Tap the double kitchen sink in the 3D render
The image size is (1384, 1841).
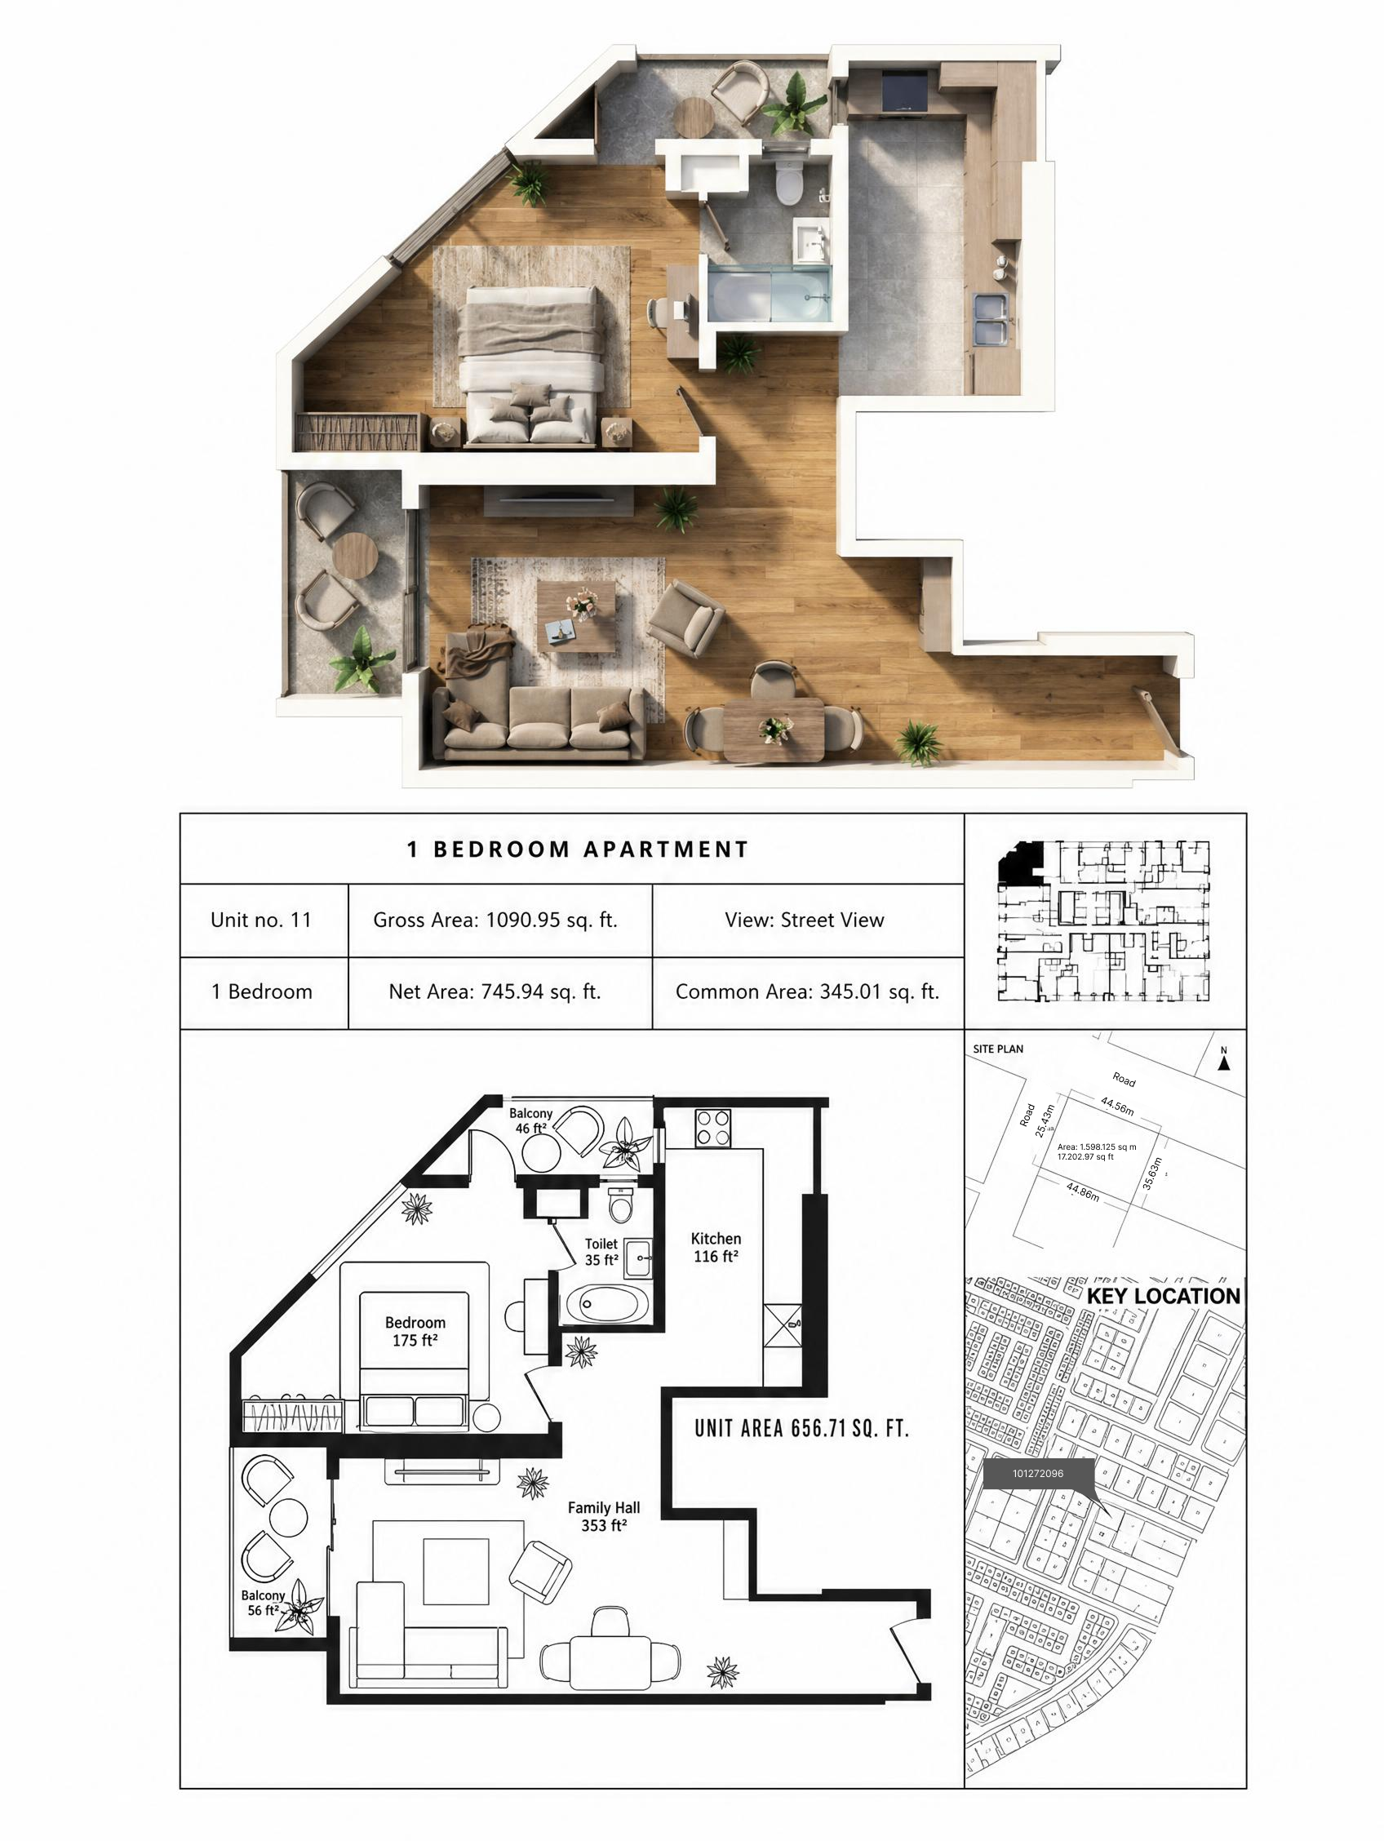coord(991,318)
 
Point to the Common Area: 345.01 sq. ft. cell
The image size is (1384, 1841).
coord(807,991)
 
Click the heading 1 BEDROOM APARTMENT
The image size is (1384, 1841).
coord(578,849)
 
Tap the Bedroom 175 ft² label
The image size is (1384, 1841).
coord(415,1331)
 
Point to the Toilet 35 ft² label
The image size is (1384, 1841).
coord(601,1252)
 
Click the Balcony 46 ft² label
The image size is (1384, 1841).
coord(531,1121)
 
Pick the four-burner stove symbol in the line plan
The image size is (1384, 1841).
coord(712,1129)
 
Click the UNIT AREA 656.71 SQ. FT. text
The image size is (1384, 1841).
coord(801,1428)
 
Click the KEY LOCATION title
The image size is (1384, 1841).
coord(1163,1296)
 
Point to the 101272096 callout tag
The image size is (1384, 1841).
coord(1038,1473)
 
